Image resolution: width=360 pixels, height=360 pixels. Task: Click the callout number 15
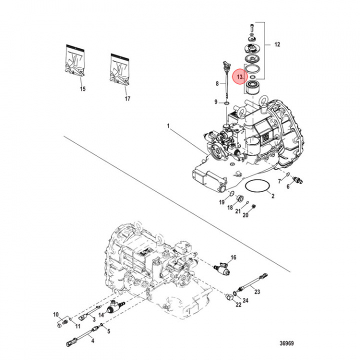[x=82, y=89]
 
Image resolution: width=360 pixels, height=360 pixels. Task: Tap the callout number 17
[x=127, y=99]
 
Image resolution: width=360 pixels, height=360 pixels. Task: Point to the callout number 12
[x=277, y=45]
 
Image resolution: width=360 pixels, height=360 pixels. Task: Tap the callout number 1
[x=169, y=129]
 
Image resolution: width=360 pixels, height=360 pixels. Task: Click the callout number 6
[x=288, y=186]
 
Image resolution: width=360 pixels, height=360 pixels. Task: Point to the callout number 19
[x=221, y=202]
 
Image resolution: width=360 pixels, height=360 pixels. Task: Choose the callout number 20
[x=245, y=215]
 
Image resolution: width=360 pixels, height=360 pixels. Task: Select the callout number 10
[x=56, y=314]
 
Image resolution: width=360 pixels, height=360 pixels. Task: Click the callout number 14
[x=101, y=314]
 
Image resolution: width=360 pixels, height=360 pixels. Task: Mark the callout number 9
[x=216, y=102]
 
